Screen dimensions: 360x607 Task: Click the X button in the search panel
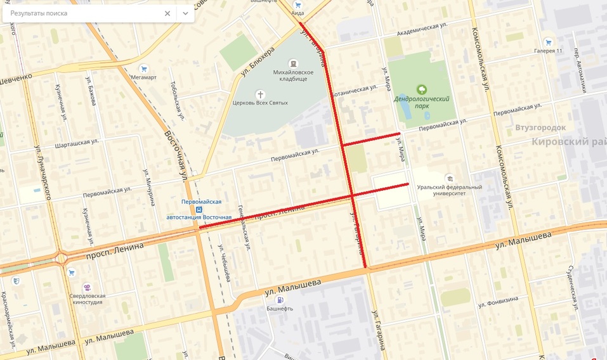click(x=167, y=13)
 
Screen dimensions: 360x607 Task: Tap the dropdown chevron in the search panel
click(x=185, y=13)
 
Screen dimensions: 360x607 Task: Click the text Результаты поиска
click(x=39, y=13)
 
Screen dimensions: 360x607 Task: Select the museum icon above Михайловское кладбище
click(x=293, y=63)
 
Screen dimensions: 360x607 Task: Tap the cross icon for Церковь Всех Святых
click(x=260, y=94)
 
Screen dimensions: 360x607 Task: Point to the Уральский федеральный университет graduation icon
click(x=450, y=178)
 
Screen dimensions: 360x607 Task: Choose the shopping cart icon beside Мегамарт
click(x=144, y=69)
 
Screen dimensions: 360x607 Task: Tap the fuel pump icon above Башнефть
click(x=280, y=300)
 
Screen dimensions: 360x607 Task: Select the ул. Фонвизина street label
click(x=503, y=300)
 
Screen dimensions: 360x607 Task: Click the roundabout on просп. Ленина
click(x=61, y=258)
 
